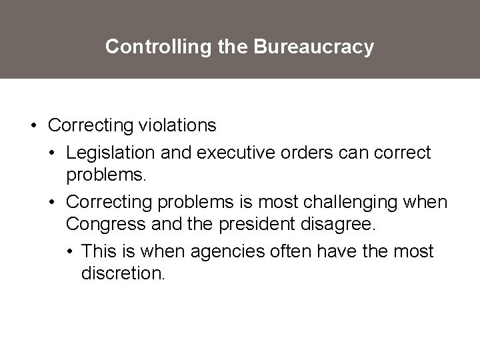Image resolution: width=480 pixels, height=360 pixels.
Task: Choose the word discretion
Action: click(122, 273)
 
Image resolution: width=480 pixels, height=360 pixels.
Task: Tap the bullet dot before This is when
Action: click(71, 252)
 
